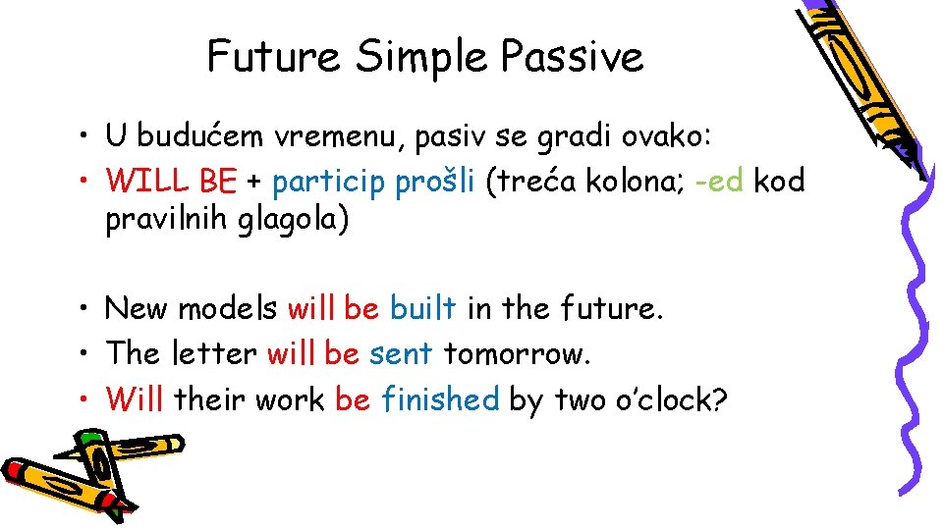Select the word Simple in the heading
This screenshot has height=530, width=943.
(x=421, y=58)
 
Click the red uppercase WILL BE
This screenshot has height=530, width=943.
(x=172, y=181)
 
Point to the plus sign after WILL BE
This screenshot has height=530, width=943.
(x=254, y=182)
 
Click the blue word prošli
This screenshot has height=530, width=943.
(x=435, y=181)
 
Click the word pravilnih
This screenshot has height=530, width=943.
(x=167, y=220)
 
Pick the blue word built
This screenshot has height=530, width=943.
(x=422, y=308)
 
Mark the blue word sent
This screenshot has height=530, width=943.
(x=401, y=352)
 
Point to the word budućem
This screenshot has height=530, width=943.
(x=194, y=136)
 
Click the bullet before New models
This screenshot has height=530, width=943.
(x=86, y=309)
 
